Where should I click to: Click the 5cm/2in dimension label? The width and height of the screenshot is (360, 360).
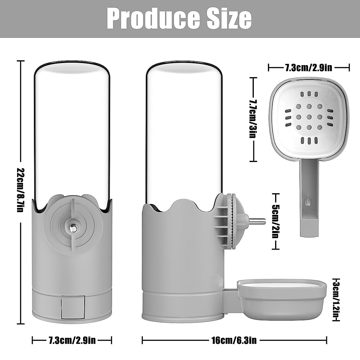click(275, 221)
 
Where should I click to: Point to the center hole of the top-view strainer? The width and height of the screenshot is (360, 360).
click(308, 117)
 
